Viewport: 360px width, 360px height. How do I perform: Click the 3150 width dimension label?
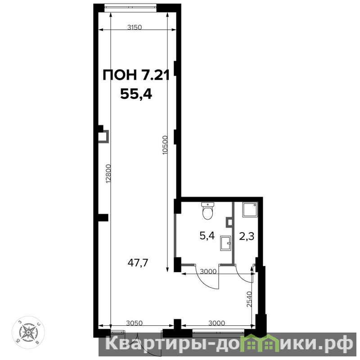pyautogui.click(x=135, y=27)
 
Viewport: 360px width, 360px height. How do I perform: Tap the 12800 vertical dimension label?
pyautogui.click(x=108, y=174)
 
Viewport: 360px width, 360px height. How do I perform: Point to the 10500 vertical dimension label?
pyautogui.click(x=165, y=145)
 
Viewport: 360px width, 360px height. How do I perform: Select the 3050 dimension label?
pyautogui.click(x=134, y=323)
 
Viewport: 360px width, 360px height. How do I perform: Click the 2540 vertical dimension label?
pyautogui.click(x=249, y=299)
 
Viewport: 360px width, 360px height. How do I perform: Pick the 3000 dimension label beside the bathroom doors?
pyautogui.click(x=208, y=271)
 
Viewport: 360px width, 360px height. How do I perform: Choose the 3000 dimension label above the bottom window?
pyautogui.click(x=217, y=323)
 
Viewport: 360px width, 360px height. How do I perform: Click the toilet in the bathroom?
pyautogui.click(x=207, y=211)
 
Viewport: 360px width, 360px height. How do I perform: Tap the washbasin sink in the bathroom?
pyautogui.click(x=225, y=243)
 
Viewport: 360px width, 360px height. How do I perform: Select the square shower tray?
pyautogui.click(x=250, y=210)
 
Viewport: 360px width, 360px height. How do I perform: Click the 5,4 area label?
pyautogui.click(x=207, y=236)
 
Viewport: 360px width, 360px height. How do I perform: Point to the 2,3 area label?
pyautogui.click(x=247, y=236)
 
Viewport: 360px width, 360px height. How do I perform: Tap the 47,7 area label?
pyautogui.click(x=138, y=263)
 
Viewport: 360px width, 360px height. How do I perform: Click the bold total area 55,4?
pyautogui.click(x=136, y=94)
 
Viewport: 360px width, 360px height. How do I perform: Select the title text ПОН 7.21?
pyautogui.click(x=136, y=75)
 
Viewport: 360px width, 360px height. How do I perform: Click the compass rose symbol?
pyautogui.click(x=28, y=332)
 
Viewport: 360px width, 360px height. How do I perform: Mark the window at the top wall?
pyautogui.click(x=130, y=7)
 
